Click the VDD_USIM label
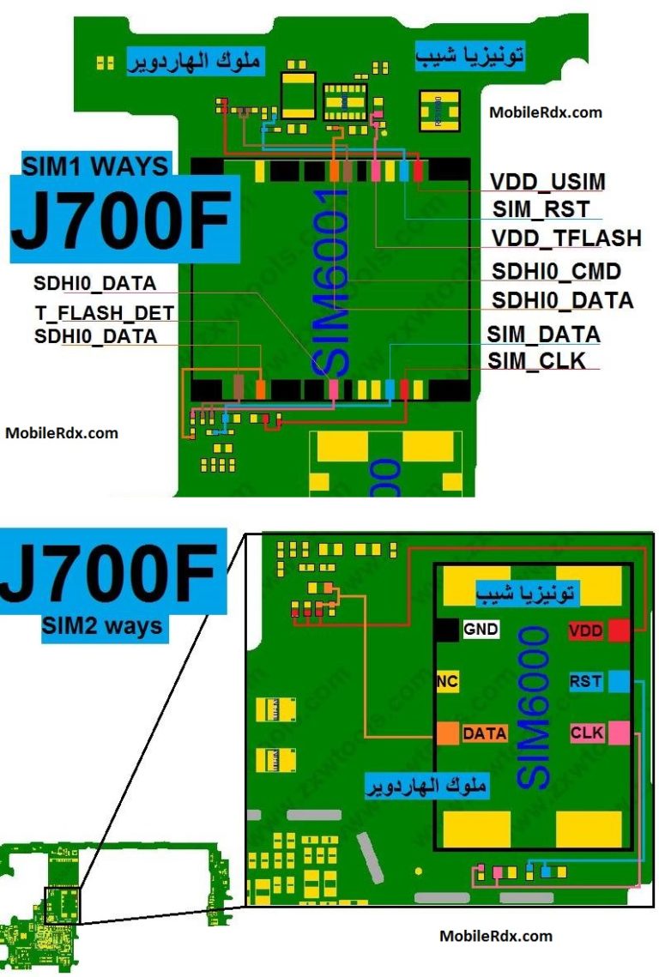(x=547, y=182)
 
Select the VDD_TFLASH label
(x=566, y=238)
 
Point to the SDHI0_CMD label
(x=556, y=272)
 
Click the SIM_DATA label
(x=543, y=335)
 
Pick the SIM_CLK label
(x=537, y=361)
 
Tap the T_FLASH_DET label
(x=105, y=313)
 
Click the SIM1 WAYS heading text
(x=95, y=165)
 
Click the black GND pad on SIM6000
(x=447, y=630)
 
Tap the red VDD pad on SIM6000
(x=620, y=630)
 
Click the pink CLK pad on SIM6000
(x=620, y=733)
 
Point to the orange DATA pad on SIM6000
(x=447, y=733)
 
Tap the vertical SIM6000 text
(x=534, y=708)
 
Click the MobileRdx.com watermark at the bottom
(x=496, y=936)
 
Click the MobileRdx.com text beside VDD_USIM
(x=546, y=112)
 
